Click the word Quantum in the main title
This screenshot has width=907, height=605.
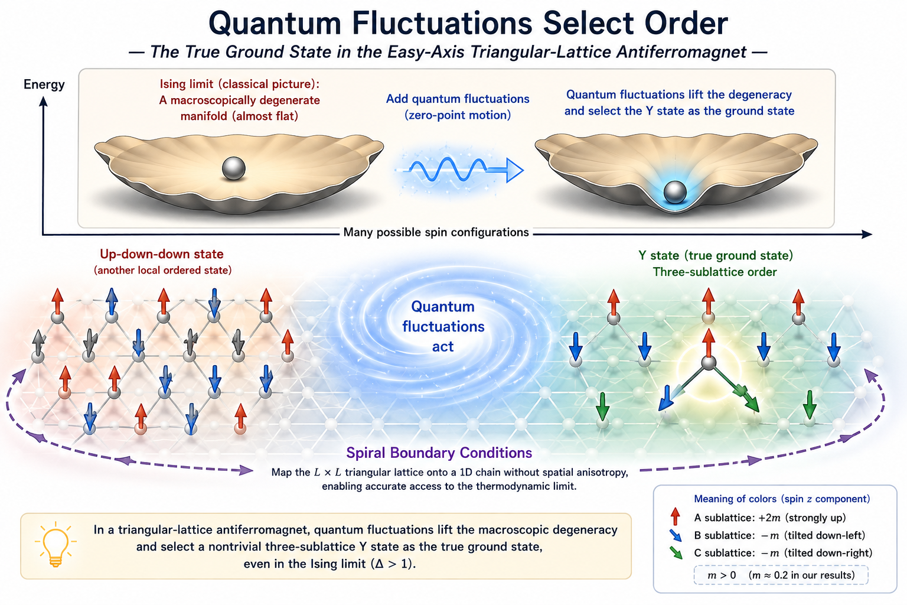point(275,24)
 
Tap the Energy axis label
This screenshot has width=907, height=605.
point(44,84)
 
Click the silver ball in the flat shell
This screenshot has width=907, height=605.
point(234,168)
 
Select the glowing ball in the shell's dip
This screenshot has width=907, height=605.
point(674,192)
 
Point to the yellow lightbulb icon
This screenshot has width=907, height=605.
point(56,544)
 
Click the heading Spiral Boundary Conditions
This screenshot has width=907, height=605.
point(439,453)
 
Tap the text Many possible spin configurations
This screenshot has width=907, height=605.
point(436,232)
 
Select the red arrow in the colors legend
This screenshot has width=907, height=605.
point(675,516)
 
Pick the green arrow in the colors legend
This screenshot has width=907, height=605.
point(676,553)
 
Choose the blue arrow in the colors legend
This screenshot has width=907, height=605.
point(676,535)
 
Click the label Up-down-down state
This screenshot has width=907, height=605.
point(162,254)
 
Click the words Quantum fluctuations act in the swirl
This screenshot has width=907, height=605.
point(443,326)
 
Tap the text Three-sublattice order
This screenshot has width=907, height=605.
point(714,272)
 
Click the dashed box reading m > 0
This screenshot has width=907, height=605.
point(781,575)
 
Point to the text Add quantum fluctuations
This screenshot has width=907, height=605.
point(458,99)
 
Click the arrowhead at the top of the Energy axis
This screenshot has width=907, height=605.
point(43,101)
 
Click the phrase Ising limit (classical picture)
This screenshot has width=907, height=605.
point(239,84)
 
